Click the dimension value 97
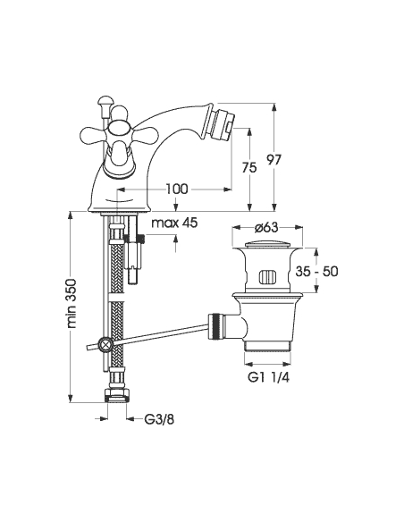(274, 160)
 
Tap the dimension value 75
(249, 167)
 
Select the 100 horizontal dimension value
(177, 189)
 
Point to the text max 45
(174, 223)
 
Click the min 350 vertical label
(72, 304)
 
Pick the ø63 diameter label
(266, 227)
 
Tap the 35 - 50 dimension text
(316, 272)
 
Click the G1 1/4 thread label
(268, 377)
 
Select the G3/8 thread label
(159, 419)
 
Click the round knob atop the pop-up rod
(105, 101)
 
